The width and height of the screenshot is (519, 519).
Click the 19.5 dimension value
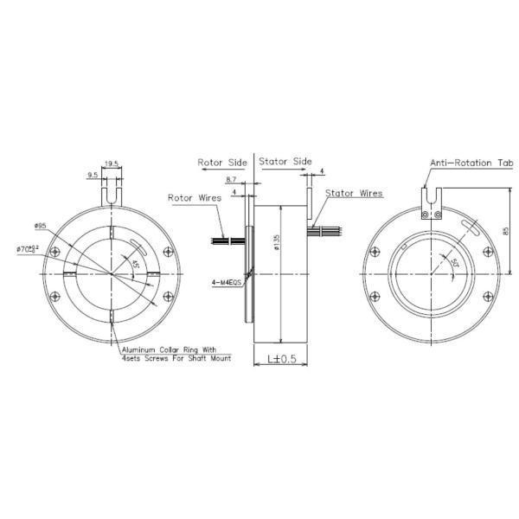click(x=112, y=162)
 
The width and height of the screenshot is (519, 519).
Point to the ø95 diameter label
click(x=41, y=227)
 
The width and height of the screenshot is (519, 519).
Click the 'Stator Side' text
click(x=286, y=162)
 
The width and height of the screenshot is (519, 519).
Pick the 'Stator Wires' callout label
click(x=355, y=194)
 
